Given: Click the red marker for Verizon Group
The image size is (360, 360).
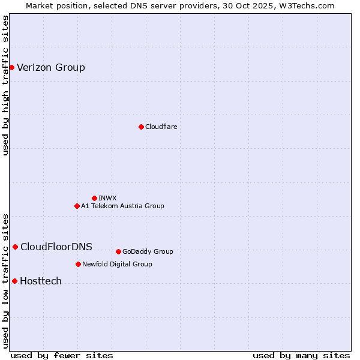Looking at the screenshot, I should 11,67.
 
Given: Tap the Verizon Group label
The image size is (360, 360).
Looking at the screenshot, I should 51,67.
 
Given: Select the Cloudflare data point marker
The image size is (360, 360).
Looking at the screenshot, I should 141,127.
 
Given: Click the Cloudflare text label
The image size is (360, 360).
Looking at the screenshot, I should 161,127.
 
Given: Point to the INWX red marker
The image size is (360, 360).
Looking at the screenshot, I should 94,198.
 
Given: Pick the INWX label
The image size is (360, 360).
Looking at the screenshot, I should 107,198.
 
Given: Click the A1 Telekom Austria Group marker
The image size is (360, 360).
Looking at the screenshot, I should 77,206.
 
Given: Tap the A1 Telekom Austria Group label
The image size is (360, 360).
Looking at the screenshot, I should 122,206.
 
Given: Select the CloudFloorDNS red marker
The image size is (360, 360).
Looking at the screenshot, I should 15,247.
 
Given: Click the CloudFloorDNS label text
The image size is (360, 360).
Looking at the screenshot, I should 56,247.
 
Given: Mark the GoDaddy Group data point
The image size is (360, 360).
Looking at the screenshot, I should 118,251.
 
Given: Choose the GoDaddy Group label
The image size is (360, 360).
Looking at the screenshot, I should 148,251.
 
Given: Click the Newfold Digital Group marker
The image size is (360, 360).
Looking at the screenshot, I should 78,264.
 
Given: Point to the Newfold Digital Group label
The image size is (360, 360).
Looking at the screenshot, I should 117,264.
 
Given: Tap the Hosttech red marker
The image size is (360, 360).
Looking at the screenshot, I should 14,281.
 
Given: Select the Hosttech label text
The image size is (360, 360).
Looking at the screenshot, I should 41,281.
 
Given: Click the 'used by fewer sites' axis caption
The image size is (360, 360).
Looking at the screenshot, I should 62,355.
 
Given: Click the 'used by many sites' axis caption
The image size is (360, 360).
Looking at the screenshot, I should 301,355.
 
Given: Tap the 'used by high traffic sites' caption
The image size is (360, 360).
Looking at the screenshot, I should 5,85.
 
